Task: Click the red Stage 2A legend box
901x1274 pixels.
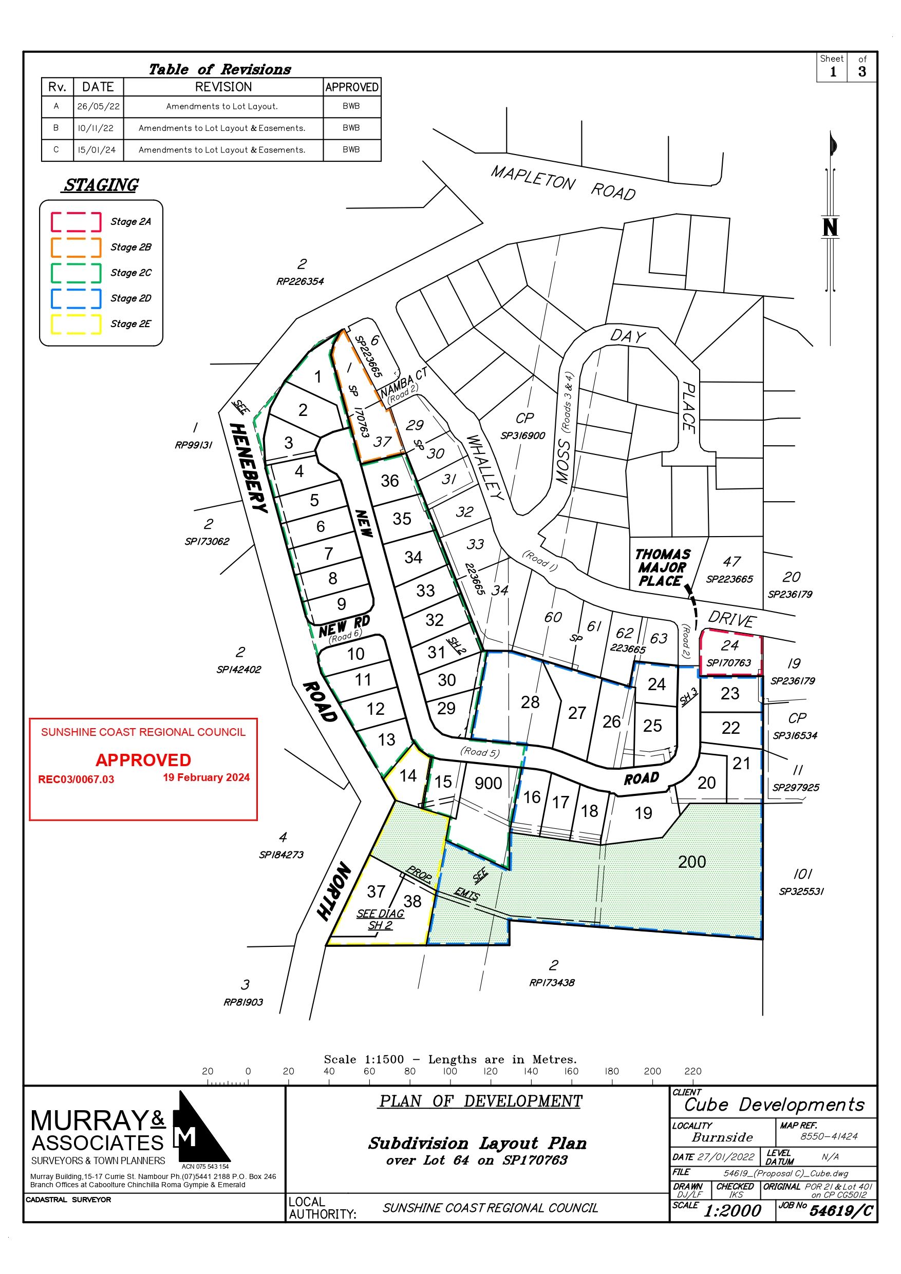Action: click(76, 222)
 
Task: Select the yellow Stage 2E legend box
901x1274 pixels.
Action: click(76, 324)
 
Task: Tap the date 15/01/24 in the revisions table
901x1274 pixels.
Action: click(98, 150)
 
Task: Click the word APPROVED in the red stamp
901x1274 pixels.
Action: click(143, 759)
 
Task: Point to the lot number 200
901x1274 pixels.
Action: click(692, 862)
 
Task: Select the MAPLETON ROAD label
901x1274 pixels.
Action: click(563, 183)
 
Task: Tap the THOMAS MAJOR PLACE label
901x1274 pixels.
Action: click(662, 567)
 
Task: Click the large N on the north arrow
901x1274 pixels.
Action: click(830, 227)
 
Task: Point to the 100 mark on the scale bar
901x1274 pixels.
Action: click(450, 1071)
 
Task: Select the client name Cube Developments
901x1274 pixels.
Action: click(775, 1104)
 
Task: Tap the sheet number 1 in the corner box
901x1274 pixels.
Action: click(833, 71)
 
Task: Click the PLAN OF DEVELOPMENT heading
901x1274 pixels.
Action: click(480, 1101)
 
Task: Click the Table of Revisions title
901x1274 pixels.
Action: click(220, 69)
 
